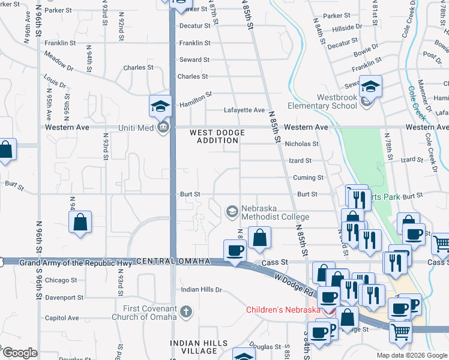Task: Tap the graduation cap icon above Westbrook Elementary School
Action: pos(371,88)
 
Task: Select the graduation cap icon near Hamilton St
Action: pos(160,107)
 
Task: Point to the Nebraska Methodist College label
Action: pos(275,212)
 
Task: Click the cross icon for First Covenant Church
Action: pos(186,311)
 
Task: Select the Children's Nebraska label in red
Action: pos(283,310)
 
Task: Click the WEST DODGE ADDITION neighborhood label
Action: pos(215,136)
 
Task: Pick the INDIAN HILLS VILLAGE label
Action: pos(199,347)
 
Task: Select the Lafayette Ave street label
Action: pos(244,110)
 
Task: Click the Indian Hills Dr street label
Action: pos(202,290)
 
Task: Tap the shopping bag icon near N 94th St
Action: pos(80,223)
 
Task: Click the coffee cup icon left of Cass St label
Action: pos(235,251)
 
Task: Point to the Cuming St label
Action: pos(308,178)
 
